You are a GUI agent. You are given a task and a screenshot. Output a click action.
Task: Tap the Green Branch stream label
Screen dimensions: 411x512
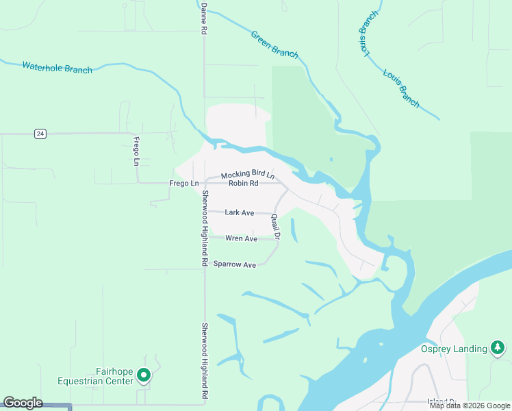[274, 44]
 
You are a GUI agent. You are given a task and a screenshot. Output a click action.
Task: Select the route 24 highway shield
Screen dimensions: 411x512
[41, 134]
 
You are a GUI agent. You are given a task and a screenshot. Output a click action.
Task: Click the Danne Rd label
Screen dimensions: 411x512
[203, 18]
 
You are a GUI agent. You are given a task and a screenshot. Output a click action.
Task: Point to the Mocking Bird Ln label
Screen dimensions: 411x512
[247, 175]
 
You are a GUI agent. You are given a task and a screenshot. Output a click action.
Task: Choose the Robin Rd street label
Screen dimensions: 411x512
[243, 184]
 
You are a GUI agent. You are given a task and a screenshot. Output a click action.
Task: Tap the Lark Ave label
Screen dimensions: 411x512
[240, 213]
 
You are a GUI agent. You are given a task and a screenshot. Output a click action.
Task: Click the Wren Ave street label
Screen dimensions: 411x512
[241, 238]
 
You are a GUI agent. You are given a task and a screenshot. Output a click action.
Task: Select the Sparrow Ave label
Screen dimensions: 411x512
[234, 264]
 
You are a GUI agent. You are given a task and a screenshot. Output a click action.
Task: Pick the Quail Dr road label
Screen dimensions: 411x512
[276, 227]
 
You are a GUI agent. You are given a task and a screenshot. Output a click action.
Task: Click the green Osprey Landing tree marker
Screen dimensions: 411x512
[498, 349]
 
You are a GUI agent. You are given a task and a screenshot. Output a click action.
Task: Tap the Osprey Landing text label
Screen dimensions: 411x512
[453, 349]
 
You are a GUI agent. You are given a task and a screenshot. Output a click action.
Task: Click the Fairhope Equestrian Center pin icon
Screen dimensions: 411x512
[144, 375]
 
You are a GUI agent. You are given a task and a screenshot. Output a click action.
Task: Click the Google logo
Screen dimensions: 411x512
[23, 403]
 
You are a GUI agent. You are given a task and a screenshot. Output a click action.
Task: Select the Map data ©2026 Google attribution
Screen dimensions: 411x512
[470, 406]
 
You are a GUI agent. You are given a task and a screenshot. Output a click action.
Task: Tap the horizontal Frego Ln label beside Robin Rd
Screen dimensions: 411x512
[184, 184]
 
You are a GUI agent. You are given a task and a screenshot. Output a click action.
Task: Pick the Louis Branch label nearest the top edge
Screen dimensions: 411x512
[366, 33]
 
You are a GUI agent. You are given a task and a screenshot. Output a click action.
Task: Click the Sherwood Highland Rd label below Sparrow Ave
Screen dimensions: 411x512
[204, 361]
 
